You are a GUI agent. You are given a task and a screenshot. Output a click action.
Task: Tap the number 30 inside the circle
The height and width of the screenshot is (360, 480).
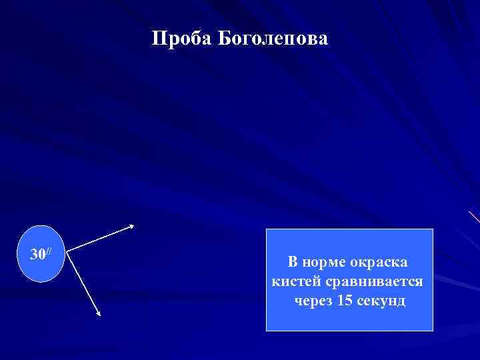[38, 254]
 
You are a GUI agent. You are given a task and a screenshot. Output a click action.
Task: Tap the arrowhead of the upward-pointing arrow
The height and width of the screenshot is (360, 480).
[132, 226]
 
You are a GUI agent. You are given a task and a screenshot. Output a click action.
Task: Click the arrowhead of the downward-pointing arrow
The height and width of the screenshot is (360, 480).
[98, 314]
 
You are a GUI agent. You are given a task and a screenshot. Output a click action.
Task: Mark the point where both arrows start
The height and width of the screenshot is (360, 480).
[69, 253]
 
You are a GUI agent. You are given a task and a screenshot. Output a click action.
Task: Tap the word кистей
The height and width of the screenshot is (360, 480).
[294, 281]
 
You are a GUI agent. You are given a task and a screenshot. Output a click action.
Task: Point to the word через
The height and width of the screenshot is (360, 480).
[314, 301]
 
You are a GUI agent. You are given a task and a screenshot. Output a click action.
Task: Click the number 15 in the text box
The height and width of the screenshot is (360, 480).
[345, 301]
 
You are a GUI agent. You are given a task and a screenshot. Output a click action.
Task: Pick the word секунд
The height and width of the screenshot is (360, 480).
[381, 301]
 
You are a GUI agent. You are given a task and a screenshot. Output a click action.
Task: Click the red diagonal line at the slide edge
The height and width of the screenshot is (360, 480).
[474, 217]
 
